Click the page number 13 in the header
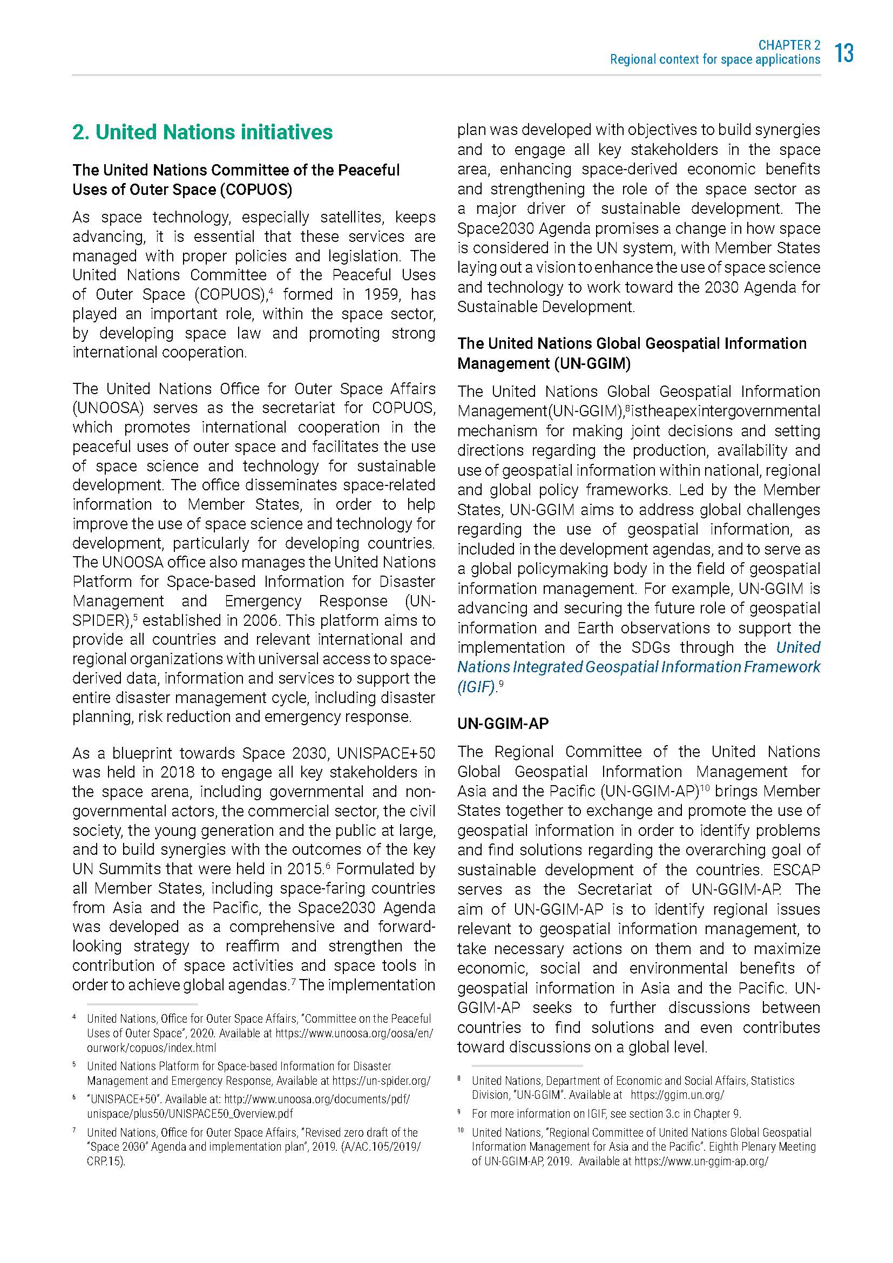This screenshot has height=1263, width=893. click(844, 53)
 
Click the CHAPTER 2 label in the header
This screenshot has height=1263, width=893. click(789, 45)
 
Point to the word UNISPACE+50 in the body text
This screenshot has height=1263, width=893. click(385, 753)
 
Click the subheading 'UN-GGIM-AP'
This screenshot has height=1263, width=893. click(503, 724)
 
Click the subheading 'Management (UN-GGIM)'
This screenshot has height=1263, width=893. click(544, 363)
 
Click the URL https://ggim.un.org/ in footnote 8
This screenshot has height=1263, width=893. click(677, 1111)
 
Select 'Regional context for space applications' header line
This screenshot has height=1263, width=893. click(715, 60)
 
